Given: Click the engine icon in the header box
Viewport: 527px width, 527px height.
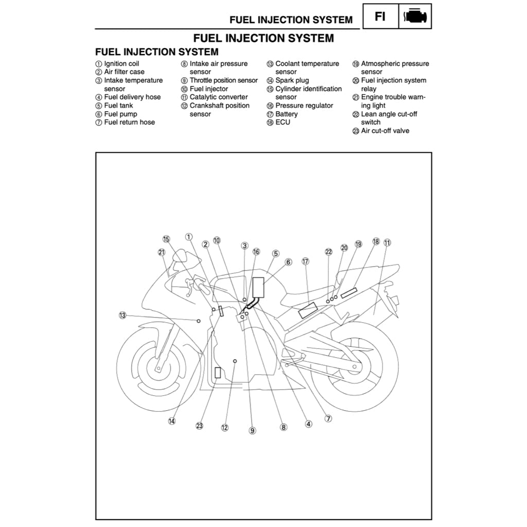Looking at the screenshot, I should [x=415, y=16].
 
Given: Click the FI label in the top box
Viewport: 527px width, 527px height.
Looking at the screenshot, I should [x=380, y=16].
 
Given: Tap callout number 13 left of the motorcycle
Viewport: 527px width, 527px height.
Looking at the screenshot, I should [x=122, y=315].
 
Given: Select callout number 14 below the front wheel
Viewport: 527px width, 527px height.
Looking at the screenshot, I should [x=171, y=420].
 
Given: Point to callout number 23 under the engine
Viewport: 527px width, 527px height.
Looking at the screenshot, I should [x=200, y=426].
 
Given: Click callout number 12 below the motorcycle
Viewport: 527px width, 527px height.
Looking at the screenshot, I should [x=224, y=427].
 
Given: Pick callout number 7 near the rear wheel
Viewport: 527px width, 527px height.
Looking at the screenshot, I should [x=328, y=418].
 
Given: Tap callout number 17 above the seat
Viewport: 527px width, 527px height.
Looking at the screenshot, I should [x=305, y=261].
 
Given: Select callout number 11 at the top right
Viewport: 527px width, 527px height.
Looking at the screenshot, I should [x=387, y=242].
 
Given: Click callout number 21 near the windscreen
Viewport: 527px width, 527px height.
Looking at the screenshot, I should [x=162, y=252].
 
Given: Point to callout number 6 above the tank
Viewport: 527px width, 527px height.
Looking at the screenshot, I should [x=288, y=262].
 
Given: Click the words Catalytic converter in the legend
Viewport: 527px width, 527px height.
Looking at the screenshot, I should [x=219, y=97].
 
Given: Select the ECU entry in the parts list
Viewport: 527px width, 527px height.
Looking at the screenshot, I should [x=283, y=122].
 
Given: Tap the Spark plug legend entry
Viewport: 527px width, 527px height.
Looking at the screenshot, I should [x=292, y=80].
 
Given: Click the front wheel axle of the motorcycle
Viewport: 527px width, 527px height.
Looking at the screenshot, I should [x=158, y=368].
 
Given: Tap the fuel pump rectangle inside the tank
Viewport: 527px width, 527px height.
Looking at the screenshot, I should [x=258, y=287].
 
